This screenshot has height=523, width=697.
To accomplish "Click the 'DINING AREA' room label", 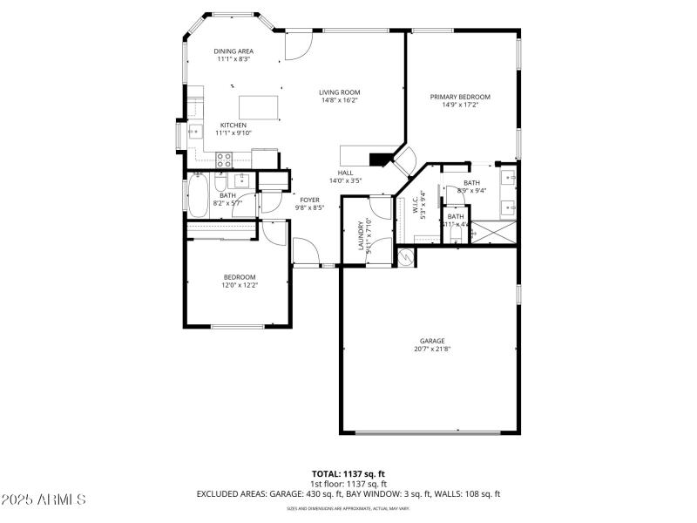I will pyautogui.click(x=233, y=51).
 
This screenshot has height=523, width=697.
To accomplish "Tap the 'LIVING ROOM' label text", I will pyautogui.click(x=339, y=92).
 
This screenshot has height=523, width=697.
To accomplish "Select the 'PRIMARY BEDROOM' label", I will pyautogui.click(x=460, y=97).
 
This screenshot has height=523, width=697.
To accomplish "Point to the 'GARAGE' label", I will pyautogui.click(x=432, y=341).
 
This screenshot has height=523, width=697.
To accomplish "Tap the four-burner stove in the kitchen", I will pyautogui.click(x=223, y=160).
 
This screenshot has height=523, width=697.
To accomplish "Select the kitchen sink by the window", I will pyautogui.click(x=195, y=133).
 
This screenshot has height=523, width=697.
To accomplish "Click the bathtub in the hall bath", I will pyautogui.click(x=199, y=197).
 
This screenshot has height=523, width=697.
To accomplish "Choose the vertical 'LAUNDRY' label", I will pyautogui.click(x=360, y=235).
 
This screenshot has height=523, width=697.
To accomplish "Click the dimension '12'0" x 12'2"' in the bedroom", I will pyautogui.click(x=240, y=284).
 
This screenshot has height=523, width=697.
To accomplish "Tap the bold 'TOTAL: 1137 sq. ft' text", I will pyautogui.click(x=348, y=474).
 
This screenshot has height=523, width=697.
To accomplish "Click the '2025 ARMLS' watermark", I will pyautogui.click(x=44, y=499).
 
